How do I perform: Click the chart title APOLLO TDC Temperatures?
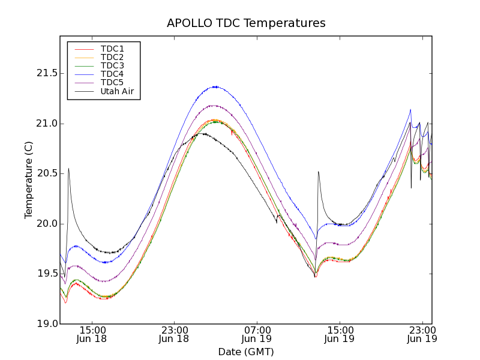pos(246,23)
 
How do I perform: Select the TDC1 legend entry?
pos(112,49)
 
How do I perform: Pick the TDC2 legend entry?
pos(112,57)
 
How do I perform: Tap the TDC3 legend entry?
pos(112,65)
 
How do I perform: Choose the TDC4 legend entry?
pos(112,74)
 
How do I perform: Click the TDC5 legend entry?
pos(112,82)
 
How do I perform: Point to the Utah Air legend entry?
pos(117,91)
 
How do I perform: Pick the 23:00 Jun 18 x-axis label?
pos(175,334)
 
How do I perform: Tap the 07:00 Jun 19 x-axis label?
pos(257,334)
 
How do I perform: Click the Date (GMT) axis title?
pos(246,352)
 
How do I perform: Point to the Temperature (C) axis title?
pos(28,180)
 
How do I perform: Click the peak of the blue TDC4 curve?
pos(215,86)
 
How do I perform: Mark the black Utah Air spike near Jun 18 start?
pos(68,169)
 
